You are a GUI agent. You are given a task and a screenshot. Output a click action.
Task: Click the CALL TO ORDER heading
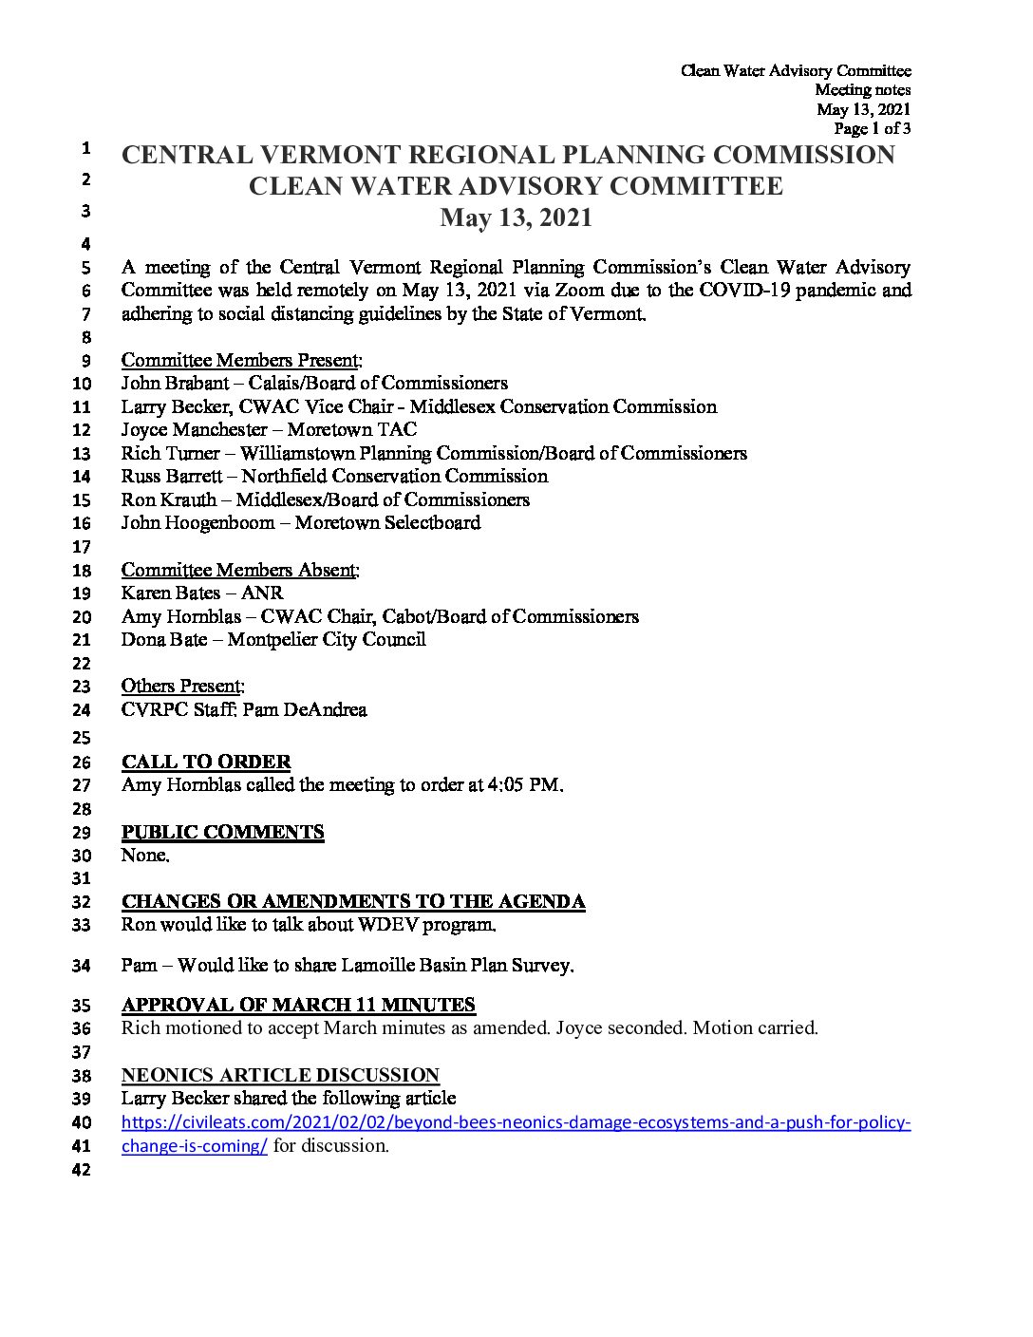(x=206, y=762)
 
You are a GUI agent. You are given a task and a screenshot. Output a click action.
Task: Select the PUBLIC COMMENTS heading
(x=222, y=832)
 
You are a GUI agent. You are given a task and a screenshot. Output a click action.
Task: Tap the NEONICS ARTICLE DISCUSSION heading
(x=280, y=1075)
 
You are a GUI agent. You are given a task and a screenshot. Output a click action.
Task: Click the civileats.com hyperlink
(x=516, y=1122)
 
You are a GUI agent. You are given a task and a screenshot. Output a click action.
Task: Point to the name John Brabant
(x=175, y=384)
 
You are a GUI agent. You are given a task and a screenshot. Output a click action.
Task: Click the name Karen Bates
(x=170, y=593)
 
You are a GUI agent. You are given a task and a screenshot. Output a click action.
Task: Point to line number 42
(x=82, y=1171)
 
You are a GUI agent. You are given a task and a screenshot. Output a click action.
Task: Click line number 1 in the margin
(x=85, y=148)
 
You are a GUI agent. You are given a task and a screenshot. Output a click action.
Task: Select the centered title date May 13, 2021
(x=516, y=218)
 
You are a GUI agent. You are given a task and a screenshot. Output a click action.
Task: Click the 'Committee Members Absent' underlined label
(x=239, y=570)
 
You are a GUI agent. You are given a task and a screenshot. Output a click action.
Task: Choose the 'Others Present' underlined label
(x=181, y=686)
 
